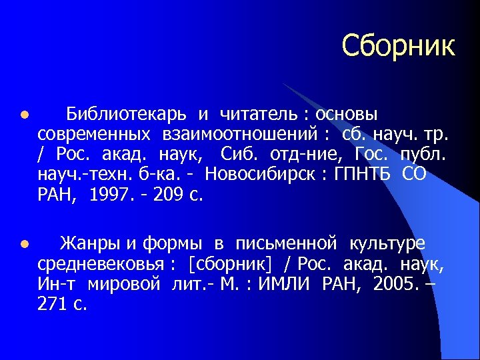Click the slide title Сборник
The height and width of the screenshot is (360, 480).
398,47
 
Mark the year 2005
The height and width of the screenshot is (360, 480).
395,285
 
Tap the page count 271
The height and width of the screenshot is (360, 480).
53,305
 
